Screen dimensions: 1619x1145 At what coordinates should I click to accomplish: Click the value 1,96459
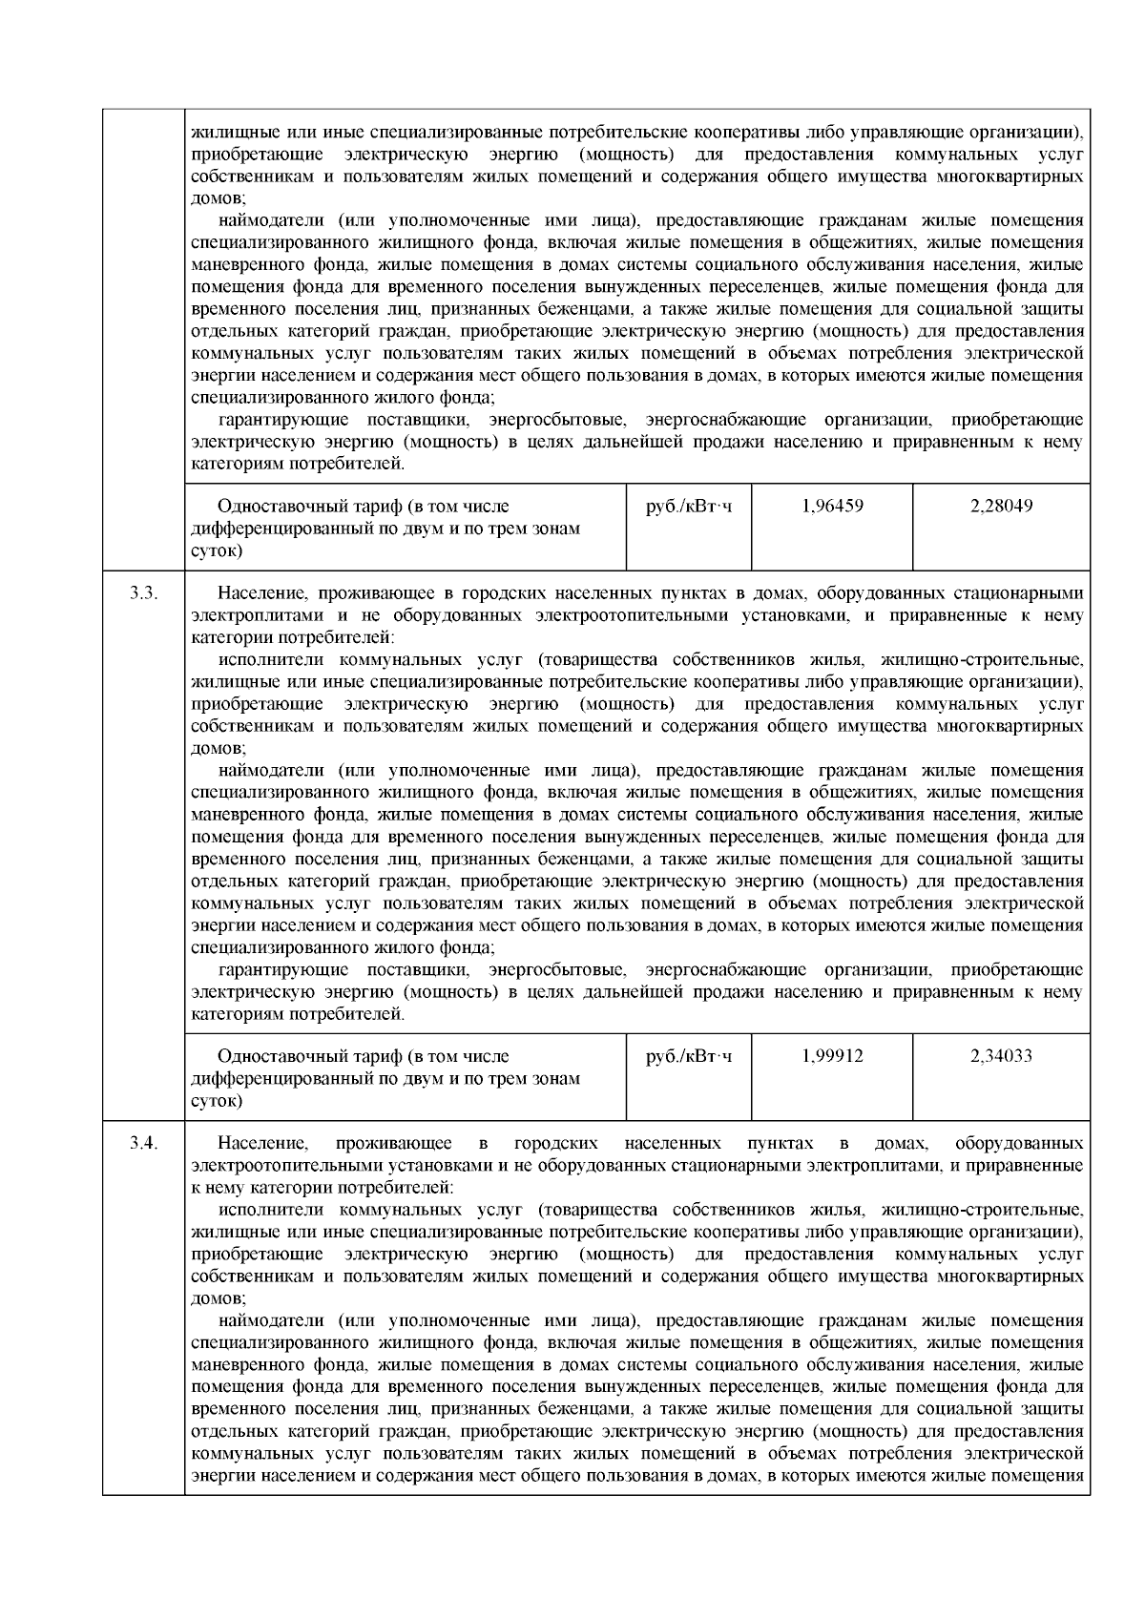pos(832,506)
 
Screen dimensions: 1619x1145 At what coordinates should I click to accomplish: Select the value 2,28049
pos(1001,506)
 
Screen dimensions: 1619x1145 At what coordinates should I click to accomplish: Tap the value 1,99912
pos(832,1056)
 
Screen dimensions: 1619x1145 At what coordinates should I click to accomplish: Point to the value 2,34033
pos(1001,1056)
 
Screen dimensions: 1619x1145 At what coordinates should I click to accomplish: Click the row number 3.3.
pos(143,593)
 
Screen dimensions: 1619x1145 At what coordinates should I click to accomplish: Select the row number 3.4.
pos(143,1143)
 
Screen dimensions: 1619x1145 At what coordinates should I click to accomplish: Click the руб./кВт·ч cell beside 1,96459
pos(689,506)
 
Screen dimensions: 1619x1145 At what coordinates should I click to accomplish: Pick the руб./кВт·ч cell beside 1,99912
pos(689,1056)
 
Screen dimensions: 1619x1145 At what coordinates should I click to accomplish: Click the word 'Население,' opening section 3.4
pos(262,1143)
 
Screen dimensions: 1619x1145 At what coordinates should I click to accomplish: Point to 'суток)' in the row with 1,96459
pos(217,550)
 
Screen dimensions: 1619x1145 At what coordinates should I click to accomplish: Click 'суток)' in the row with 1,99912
pos(217,1101)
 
